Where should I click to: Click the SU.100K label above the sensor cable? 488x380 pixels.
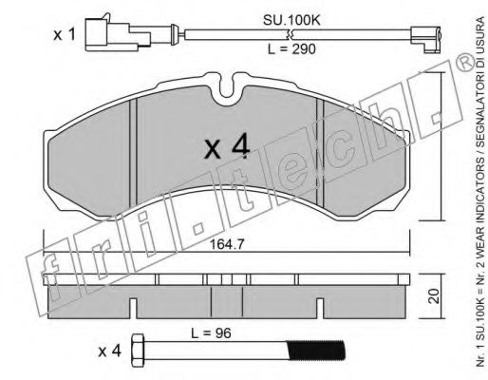[291, 21]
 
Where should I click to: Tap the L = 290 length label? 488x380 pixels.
[291, 49]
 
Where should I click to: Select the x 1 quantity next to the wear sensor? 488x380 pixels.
[65, 34]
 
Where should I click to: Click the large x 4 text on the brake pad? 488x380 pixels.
[227, 147]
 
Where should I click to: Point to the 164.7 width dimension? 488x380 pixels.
[228, 244]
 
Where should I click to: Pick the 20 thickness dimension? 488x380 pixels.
[436, 296]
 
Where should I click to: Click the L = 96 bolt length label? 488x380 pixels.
[211, 333]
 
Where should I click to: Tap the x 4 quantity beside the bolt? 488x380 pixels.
[109, 351]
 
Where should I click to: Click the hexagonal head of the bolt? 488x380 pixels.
[138, 351]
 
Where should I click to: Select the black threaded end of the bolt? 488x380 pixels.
[315, 351]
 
